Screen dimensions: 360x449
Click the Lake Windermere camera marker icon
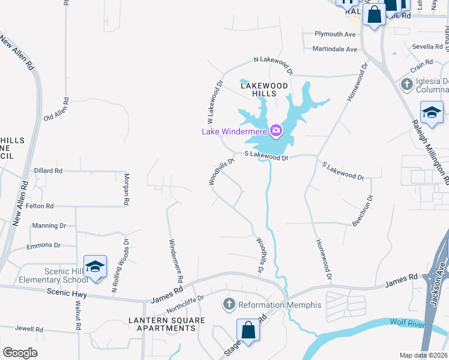tap(276, 130)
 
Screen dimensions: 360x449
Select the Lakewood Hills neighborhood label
tap(264, 90)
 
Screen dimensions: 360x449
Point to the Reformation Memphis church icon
tap(228, 305)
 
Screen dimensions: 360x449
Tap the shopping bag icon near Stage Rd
tap(248, 330)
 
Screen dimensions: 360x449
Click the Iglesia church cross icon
tap(407, 84)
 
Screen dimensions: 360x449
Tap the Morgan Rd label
tap(127, 190)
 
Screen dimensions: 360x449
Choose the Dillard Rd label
tap(48, 171)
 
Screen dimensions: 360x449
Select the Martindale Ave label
tap(335, 49)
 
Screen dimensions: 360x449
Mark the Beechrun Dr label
tap(364, 210)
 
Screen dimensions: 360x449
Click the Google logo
tap(20, 352)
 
